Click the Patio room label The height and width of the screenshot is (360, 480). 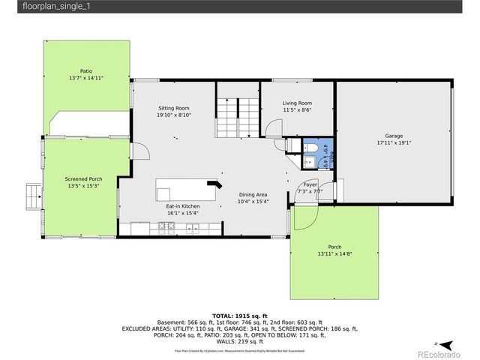(x=86, y=71)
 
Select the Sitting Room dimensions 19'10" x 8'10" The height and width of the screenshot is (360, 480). (x=173, y=115)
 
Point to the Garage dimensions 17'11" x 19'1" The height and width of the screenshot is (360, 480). (x=394, y=142)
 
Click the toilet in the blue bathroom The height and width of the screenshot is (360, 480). (x=309, y=147)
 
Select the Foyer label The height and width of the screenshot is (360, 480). (x=310, y=184)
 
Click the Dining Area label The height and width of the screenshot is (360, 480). (x=253, y=194)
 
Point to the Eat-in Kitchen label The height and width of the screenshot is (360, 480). (x=182, y=206)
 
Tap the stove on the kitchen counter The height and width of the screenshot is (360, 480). (x=166, y=228)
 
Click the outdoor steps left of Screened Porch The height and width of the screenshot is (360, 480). (x=33, y=196)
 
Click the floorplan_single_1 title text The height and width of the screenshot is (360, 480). (x=34, y=7)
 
